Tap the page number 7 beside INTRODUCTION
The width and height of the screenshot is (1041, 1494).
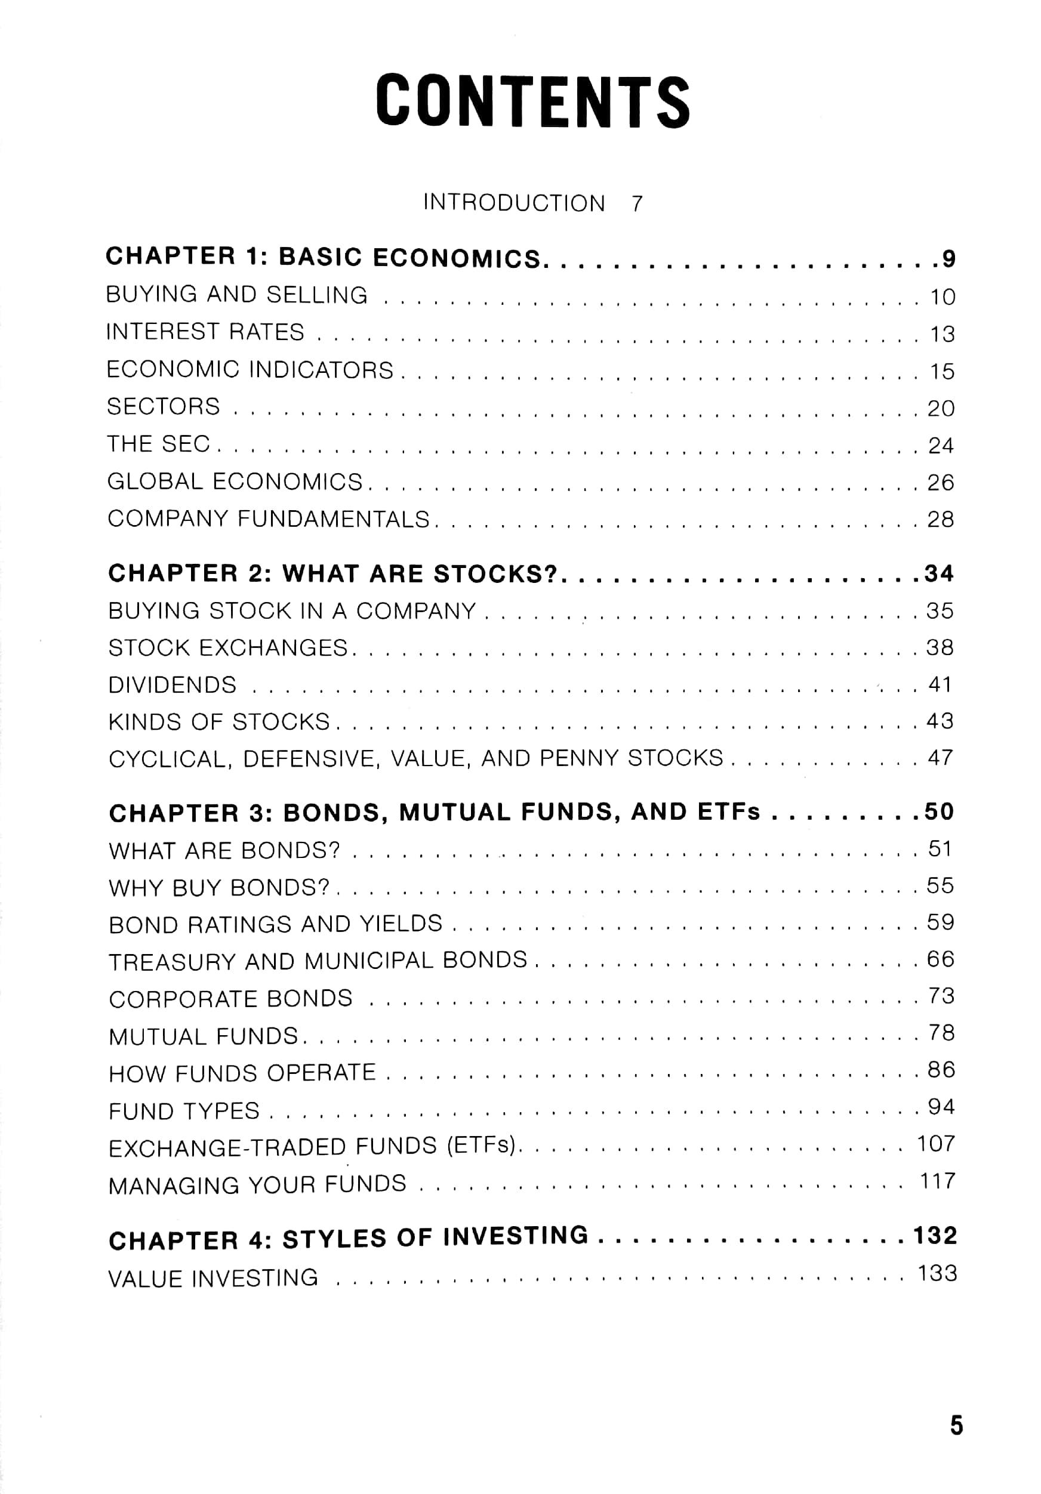click(x=636, y=203)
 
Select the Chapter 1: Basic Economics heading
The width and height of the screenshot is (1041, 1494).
click(x=323, y=257)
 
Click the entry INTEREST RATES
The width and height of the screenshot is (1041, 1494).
click(x=205, y=332)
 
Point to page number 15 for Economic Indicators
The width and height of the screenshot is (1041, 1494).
click(x=941, y=372)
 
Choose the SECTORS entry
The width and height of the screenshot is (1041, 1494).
click(x=164, y=407)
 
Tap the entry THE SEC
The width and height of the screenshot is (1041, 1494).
click(x=159, y=444)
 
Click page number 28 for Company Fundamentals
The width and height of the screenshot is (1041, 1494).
click(x=941, y=519)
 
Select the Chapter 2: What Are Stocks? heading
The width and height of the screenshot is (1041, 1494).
click(x=332, y=573)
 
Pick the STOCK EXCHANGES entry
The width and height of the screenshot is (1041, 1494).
click(x=228, y=648)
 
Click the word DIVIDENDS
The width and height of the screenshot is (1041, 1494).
click(x=173, y=685)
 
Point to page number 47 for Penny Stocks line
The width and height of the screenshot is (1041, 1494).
click(x=940, y=757)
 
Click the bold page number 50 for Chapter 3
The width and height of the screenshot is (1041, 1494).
click(x=939, y=811)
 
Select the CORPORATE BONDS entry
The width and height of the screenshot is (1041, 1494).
click(x=230, y=999)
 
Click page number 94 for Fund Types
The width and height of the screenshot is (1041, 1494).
click(x=941, y=1107)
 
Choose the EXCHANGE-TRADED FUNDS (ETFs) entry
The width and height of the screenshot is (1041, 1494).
click(x=312, y=1147)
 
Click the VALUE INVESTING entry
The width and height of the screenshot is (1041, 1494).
click(x=214, y=1278)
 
